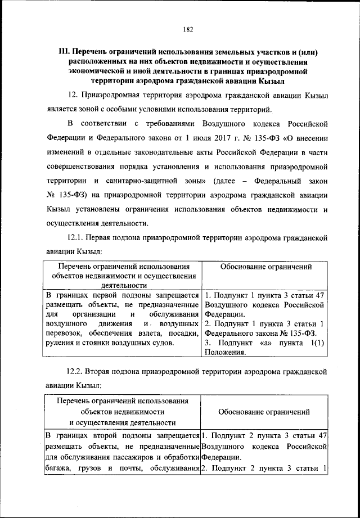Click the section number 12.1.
[x=77, y=238]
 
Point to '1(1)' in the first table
[x=319, y=343]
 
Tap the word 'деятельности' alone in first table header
[x=123, y=285]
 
